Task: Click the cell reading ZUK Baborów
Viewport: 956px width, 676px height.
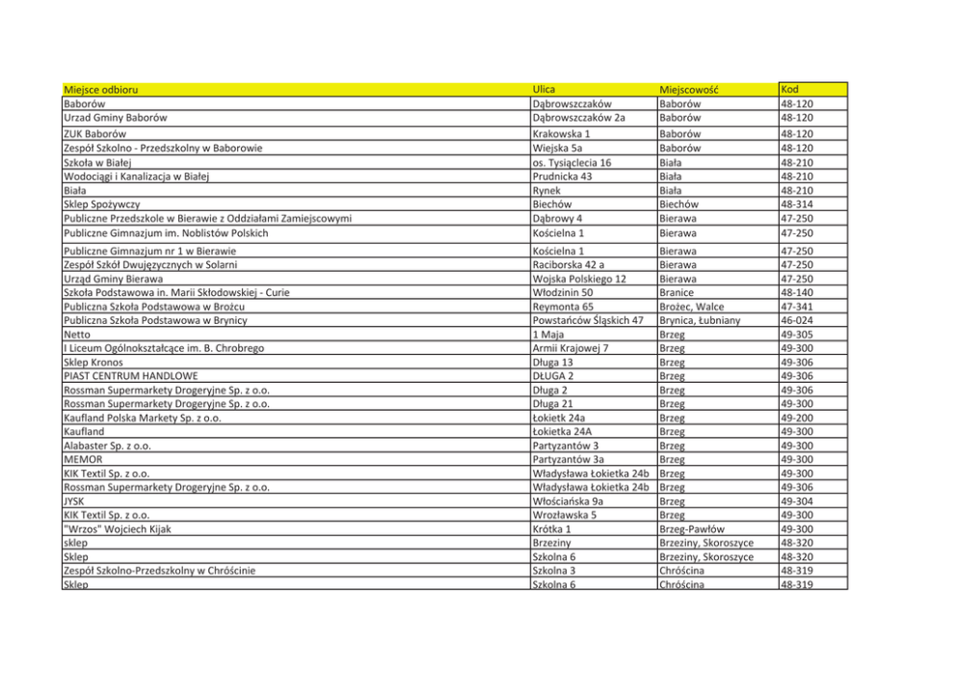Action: pyautogui.click(x=94, y=134)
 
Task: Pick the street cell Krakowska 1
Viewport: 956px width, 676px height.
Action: pyautogui.click(x=561, y=134)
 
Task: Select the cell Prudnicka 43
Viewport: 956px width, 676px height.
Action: pyautogui.click(x=566, y=176)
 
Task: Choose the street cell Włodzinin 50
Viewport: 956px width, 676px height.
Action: pyautogui.click(x=562, y=292)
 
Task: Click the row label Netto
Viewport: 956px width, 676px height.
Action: pyautogui.click(x=77, y=335)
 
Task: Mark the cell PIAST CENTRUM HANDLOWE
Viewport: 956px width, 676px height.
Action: pyautogui.click(x=130, y=376)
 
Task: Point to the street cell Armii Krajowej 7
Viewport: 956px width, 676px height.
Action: pyautogui.click(x=571, y=348)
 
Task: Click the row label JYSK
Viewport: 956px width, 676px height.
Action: pyautogui.click(x=73, y=501)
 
